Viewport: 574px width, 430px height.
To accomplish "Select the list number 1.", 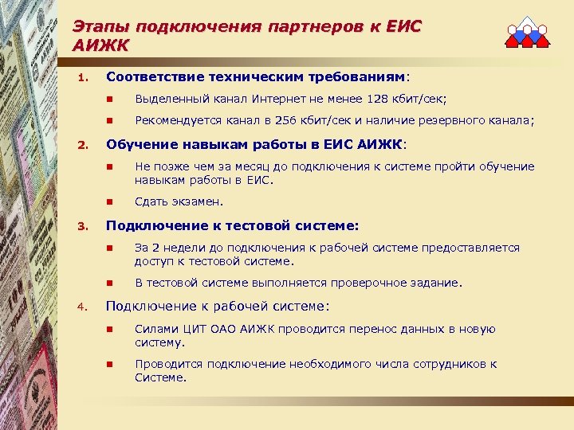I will click(81, 78).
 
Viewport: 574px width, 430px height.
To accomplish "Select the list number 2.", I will click(81, 147).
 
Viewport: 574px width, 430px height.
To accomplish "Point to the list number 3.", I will click(81, 226).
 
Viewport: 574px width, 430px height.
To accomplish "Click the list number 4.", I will click(81, 306).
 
